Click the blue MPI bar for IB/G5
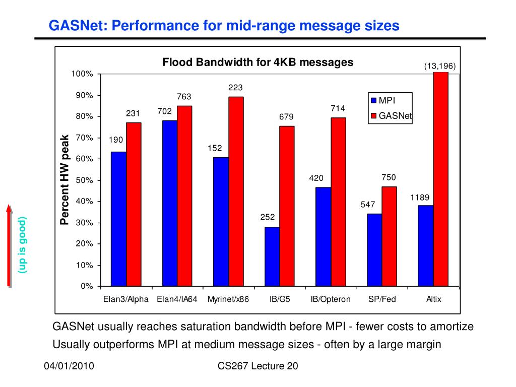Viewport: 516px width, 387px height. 272,256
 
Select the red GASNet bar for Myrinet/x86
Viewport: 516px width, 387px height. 236,191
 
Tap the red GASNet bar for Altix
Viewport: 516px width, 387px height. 441,179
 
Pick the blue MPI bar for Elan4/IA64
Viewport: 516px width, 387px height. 169,203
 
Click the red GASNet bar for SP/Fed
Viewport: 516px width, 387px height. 389,236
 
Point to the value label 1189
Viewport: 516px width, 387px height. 419,198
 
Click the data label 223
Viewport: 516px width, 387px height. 236,88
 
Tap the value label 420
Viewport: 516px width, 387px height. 316,178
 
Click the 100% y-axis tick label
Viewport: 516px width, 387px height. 83,74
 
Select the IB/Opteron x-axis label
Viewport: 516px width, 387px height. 331,299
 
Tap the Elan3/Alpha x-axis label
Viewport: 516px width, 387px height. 126,299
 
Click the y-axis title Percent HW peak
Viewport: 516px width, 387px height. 64,179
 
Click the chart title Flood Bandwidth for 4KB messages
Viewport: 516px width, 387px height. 257,62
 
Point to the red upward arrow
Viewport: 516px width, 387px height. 9,244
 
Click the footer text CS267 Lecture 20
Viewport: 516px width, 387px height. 258,366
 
